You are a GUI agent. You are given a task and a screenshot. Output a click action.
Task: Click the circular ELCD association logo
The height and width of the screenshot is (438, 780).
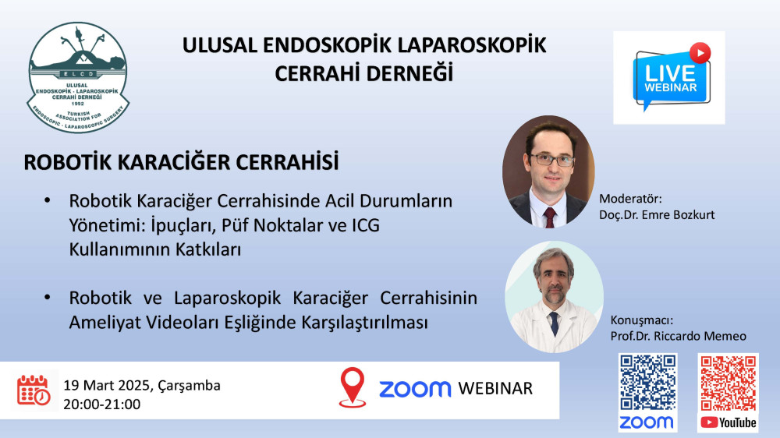[x=78, y=78]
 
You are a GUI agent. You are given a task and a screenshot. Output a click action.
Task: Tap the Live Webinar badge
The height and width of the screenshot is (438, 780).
[x=669, y=78]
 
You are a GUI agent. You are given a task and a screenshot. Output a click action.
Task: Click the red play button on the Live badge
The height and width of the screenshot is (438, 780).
[x=700, y=53]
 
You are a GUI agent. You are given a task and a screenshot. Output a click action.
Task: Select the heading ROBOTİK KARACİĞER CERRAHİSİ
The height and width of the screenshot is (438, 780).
[x=181, y=163]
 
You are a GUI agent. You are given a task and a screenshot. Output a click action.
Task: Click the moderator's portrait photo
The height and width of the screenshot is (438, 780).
[x=548, y=172]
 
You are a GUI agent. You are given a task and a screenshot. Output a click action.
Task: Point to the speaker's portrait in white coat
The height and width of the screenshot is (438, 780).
[x=554, y=297]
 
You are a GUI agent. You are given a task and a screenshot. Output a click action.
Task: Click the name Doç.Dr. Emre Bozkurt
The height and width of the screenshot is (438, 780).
[x=657, y=215]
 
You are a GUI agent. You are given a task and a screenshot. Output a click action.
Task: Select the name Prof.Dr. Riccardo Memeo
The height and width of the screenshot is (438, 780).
[x=678, y=336]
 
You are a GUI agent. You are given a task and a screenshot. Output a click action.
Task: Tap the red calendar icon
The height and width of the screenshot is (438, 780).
[x=34, y=390]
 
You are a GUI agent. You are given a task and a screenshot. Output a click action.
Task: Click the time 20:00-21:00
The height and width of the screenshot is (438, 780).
[x=102, y=404]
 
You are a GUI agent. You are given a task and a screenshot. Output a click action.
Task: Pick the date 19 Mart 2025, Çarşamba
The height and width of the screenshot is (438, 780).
[x=142, y=386]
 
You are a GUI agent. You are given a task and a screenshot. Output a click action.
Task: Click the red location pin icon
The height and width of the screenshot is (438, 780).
[x=353, y=387]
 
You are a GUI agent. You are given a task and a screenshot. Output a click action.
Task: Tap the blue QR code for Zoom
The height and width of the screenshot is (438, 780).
[x=647, y=383]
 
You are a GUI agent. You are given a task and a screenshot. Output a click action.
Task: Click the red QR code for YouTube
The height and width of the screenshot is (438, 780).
[x=729, y=383]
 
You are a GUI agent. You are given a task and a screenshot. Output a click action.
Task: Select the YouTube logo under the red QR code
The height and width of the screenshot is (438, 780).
[x=729, y=422]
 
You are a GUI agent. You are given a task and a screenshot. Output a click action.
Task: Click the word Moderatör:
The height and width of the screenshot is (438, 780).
[x=630, y=199]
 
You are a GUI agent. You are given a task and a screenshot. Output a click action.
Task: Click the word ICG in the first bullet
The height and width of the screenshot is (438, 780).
[x=366, y=225]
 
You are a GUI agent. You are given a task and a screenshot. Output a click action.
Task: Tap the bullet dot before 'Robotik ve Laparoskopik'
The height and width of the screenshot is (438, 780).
[x=48, y=297]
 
